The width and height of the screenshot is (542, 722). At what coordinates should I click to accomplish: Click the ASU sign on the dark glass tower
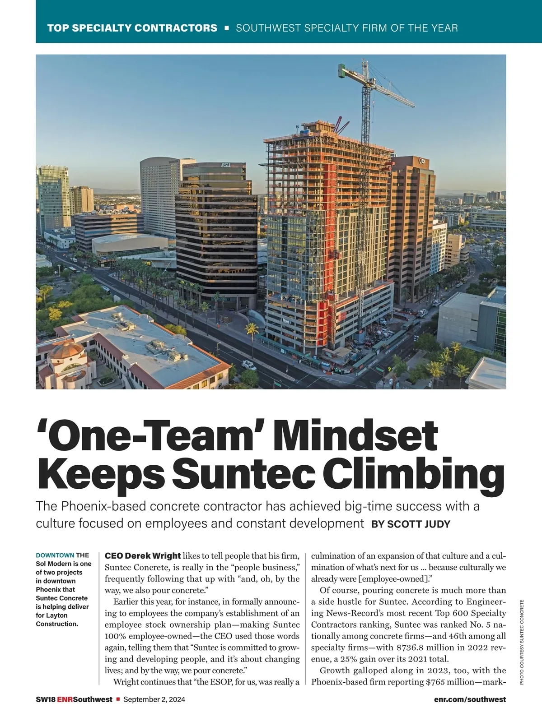(225, 165)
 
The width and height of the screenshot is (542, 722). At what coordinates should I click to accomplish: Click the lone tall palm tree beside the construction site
(252, 334)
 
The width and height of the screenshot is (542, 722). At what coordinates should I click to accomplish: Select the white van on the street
(249, 365)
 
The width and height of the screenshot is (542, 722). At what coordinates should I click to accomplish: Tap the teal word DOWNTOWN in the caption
(55, 555)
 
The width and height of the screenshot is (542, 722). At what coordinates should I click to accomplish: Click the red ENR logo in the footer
(65, 699)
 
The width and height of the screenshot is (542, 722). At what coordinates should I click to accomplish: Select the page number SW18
(45, 699)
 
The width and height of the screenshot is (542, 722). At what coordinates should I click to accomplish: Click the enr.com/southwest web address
(470, 699)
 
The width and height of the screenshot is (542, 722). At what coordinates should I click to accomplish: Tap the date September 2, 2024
(154, 699)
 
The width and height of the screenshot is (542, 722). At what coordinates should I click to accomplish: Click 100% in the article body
(116, 636)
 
